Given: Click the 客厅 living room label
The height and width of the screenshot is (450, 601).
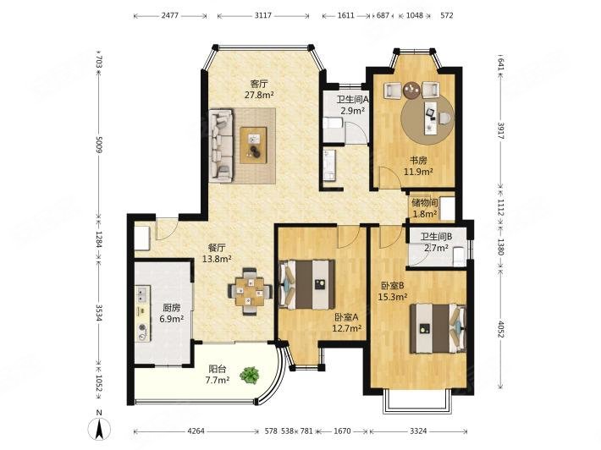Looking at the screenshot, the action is pyautogui.click(x=259, y=84).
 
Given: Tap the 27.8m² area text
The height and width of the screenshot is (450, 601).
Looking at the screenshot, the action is pyautogui.click(x=259, y=95).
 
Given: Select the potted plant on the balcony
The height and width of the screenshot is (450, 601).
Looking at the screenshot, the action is pyautogui.click(x=249, y=375).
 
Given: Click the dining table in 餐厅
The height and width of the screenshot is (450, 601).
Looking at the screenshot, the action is pyautogui.click(x=250, y=292).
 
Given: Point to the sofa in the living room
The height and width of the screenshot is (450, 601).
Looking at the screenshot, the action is pyautogui.click(x=221, y=145).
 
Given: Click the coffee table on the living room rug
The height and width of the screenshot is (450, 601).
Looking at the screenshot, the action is pyautogui.click(x=253, y=145).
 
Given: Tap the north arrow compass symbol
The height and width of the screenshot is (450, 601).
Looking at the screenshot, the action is pyautogui.click(x=99, y=427).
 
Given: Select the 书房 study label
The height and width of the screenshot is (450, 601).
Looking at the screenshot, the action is pyautogui.click(x=418, y=161).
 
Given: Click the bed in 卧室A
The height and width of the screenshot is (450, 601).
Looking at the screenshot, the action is pyautogui.click(x=307, y=284).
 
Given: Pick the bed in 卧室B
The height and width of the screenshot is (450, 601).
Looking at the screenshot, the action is pyautogui.click(x=438, y=328).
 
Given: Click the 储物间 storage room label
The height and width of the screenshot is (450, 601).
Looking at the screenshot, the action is pyautogui.click(x=424, y=203).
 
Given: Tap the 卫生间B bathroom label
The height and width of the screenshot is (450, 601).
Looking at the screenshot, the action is pyautogui.click(x=436, y=237).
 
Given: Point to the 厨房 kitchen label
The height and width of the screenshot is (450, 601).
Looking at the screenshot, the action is pyautogui.click(x=171, y=308).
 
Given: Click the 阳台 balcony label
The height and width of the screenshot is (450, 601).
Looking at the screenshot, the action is pyautogui.click(x=218, y=369).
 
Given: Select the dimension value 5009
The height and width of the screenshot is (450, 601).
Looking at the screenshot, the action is pyautogui.click(x=99, y=145).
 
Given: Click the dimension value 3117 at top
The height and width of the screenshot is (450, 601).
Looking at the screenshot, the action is pyautogui.click(x=263, y=15).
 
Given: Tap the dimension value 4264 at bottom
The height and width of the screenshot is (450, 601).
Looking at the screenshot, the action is pyautogui.click(x=196, y=431).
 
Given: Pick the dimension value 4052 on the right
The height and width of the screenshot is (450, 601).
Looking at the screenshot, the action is pyautogui.click(x=500, y=329).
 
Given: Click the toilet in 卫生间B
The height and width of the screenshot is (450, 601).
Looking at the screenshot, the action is pyautogui.click(x=459, y=256).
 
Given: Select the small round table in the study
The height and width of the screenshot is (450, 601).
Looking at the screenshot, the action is pyautogui.click(x=412, y=91).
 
